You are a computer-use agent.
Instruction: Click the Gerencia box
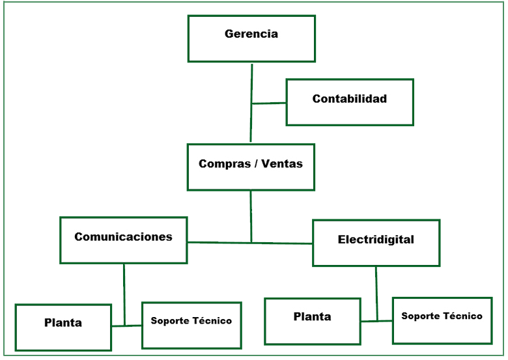click(x=251, y=38)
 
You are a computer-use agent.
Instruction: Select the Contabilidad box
click(x=350, y=102)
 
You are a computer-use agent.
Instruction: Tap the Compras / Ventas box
click(x=251, y=167)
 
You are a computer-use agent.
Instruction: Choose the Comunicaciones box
click(x=123, y=240)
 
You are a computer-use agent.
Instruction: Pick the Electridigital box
click(x=376, y=243)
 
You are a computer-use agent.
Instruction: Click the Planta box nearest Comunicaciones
click(x=63, y=327)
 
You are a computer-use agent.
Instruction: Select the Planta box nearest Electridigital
click(x=312, y=321)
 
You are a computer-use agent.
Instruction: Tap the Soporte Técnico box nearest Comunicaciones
click(x=191, y=325)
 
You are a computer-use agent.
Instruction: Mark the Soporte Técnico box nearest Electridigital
click(x=442, y=320)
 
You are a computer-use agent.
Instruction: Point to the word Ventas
click(x=281, y=164)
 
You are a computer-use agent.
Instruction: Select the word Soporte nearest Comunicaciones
click(x=170, y=321)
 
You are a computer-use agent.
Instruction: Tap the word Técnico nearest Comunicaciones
click(x=212, y=320)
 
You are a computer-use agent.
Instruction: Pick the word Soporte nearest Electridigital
click(x=421, y=316)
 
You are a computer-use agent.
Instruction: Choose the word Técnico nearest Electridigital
click(x=462, y=316)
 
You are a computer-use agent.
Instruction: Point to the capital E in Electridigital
click(x=341, y=240)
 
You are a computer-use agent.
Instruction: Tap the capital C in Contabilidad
click(x=317, y=99)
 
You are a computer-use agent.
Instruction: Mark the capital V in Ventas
click(x=264, y=164)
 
